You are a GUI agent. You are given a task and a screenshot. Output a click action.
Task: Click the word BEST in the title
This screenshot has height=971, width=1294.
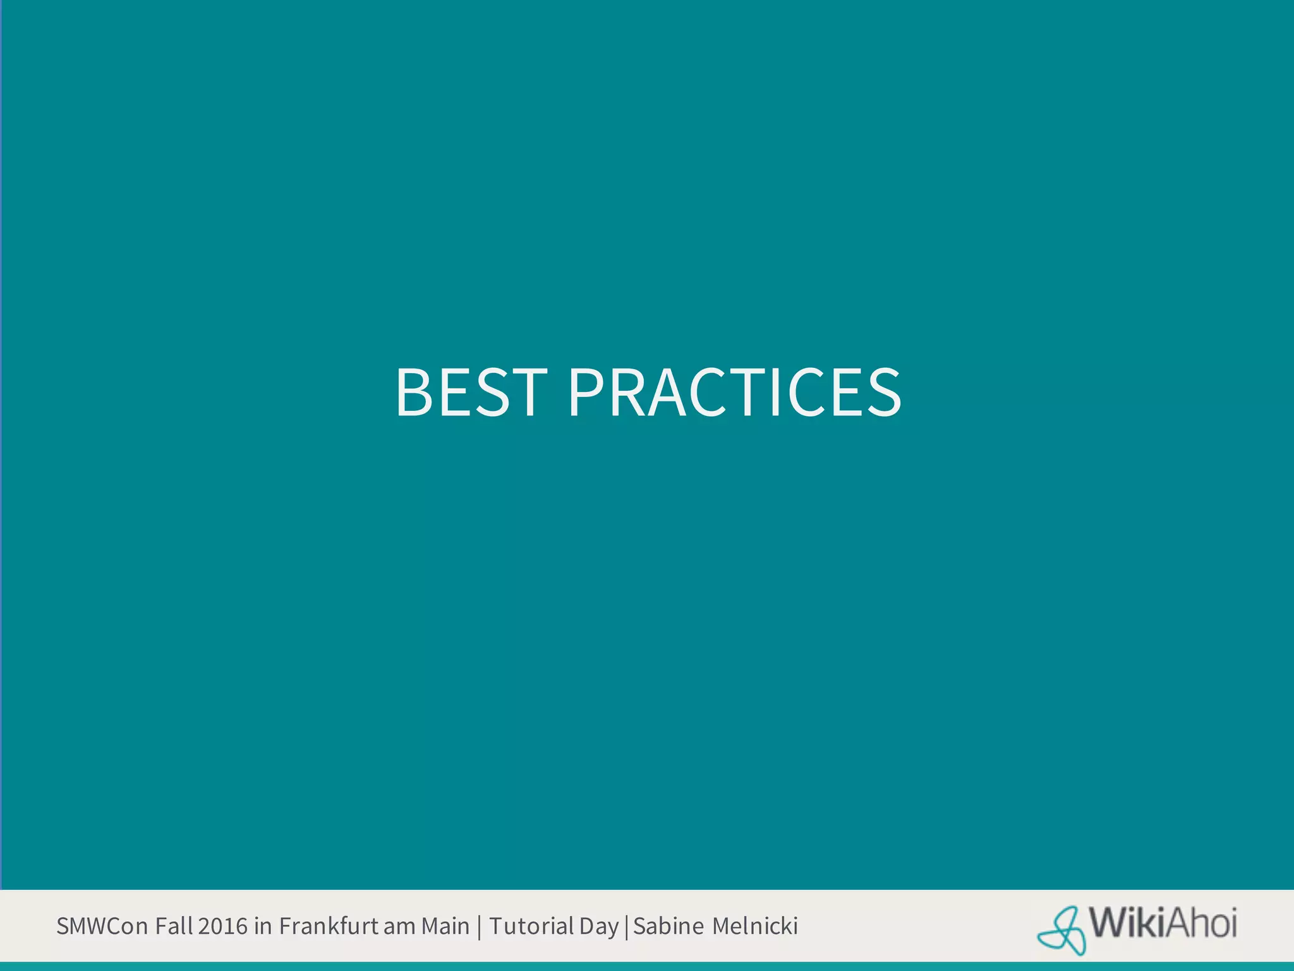pos(471,393)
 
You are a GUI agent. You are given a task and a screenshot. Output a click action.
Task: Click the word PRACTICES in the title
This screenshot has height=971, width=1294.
pos(734,393)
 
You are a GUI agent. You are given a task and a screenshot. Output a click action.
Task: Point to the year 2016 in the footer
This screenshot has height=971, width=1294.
pos(222,926)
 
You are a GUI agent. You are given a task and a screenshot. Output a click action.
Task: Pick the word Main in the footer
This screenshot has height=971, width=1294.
pos(445,926)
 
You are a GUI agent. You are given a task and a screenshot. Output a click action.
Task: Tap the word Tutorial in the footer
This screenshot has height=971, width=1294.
pos(531,926)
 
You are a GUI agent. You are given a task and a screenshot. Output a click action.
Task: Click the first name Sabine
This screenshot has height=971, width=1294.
pos(668,926)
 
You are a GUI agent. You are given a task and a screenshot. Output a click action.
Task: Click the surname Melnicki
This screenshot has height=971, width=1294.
pos(755,926)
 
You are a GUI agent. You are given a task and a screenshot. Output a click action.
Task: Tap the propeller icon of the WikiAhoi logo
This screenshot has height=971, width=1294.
pos(1062,930)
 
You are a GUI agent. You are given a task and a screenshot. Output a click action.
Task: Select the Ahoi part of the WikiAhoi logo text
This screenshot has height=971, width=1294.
pos(1201,924)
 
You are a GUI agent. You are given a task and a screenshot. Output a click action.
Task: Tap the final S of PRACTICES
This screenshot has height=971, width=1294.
pos(884,393)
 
